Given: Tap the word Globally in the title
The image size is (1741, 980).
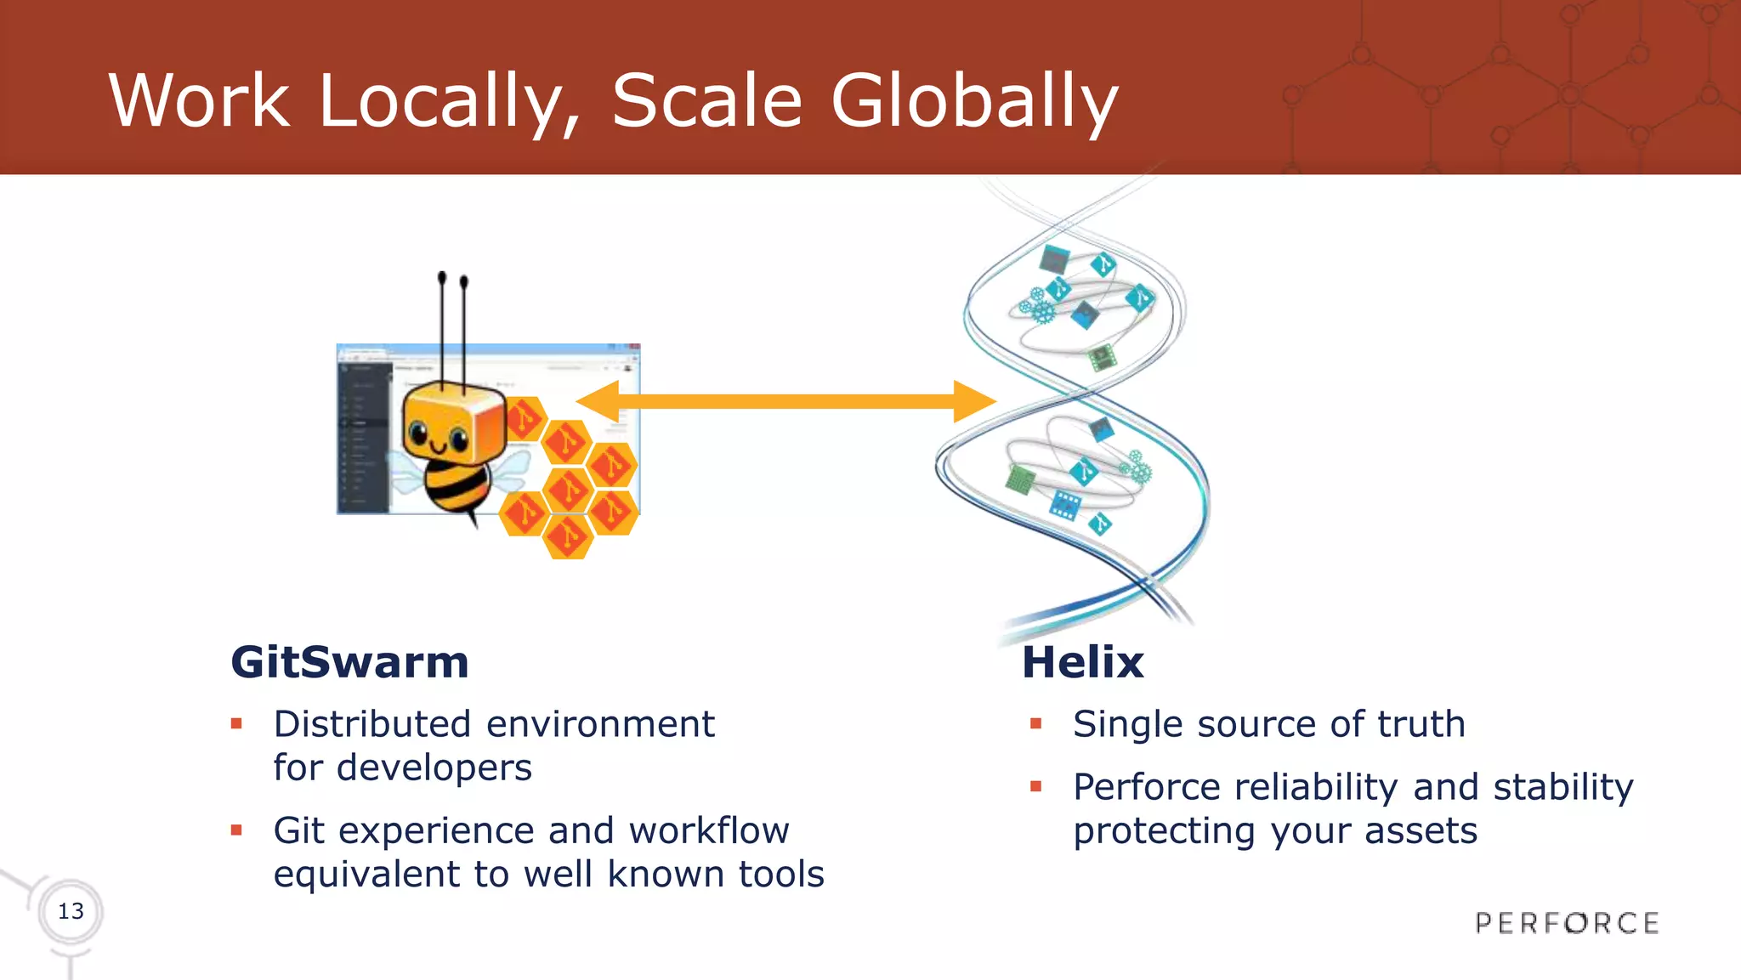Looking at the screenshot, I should click(973, 102).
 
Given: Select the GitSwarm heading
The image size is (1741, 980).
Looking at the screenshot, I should click(349, 662).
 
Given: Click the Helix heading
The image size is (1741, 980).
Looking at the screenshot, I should click(1082, 662).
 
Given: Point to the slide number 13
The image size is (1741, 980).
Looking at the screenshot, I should click(71, 911).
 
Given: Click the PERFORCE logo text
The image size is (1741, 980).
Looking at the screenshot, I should click(1567, 923).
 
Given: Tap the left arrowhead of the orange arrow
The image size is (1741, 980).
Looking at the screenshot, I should click(597, 402).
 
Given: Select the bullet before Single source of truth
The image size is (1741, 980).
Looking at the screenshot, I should click(1035, 724).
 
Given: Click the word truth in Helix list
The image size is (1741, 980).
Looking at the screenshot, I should click(1421, 724).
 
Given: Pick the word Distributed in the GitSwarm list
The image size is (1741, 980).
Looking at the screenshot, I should click(372, 724).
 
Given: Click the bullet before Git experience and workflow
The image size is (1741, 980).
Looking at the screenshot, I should click(236, 830).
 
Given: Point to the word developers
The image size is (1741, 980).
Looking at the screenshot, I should click(434, 768).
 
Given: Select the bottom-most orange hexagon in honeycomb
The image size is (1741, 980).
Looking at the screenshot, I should click(567, 537).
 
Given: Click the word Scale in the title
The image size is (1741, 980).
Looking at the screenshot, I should click(706, 102).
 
